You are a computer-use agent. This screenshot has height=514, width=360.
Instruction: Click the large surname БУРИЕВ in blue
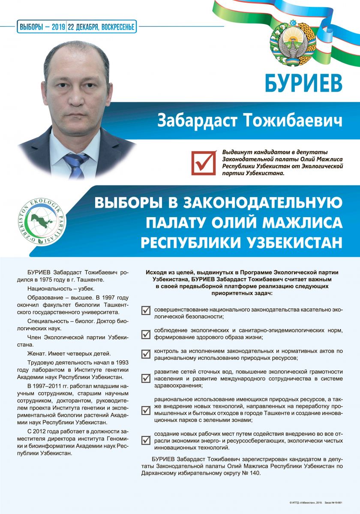coord(304,82)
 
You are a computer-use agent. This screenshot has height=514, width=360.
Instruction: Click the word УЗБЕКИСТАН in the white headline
coord(293,242)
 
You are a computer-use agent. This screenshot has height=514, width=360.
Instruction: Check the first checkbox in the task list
coord(146,311)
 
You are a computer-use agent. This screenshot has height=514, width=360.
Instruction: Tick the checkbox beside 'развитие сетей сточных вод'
coord(146,378)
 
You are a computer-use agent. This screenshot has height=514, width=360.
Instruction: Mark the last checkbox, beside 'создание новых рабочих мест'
coord(146,440)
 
